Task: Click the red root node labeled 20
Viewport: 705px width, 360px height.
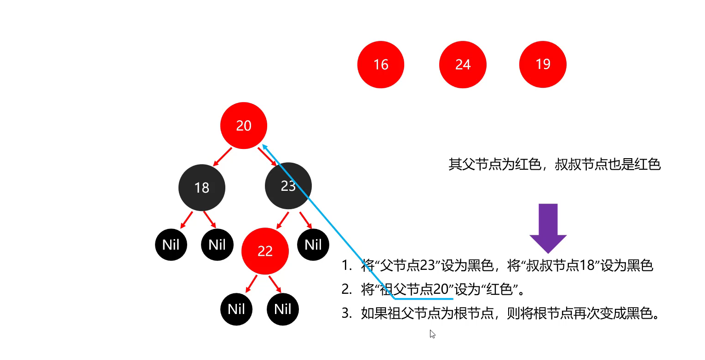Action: (x=243, y=126)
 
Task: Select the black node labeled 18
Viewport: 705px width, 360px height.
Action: (x=202, y=187)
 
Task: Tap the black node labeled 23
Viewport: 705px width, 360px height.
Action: (x=288, y=186)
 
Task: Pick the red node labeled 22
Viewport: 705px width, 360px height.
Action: (x=265, y=251)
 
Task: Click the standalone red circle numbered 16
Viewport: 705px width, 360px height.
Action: (x=380, y=64)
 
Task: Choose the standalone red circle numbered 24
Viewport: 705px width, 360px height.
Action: (x=462, y=64)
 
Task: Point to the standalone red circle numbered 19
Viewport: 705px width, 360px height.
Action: (x=543, y=64)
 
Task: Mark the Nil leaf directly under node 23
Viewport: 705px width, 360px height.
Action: (x=313, y=244)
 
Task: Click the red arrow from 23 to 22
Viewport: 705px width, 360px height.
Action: (x=282, y=221)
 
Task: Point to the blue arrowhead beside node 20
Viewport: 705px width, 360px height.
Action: (x=264, y=147)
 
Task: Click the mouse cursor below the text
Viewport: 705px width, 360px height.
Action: (x=432, y=333)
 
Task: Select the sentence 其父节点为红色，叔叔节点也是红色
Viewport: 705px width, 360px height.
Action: (x=554, y=165)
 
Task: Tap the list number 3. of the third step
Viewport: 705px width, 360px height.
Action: (x=347, y=314)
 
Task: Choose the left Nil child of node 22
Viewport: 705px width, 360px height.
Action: (x=236, y=309)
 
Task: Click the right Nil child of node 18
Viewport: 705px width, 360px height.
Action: (x=217, y=244)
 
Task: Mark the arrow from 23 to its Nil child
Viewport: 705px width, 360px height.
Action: (x=306, y=220)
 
